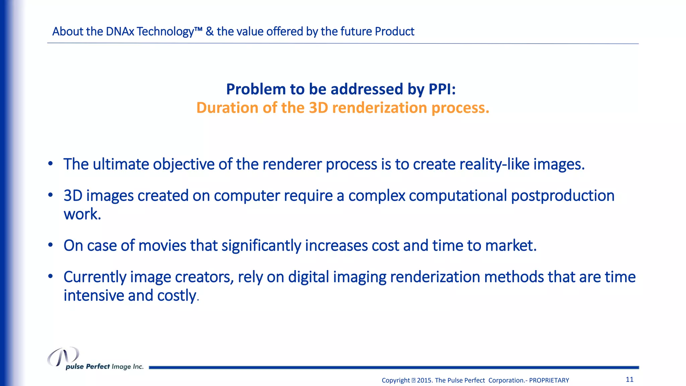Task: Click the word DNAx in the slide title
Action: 120,31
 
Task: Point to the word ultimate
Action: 121,164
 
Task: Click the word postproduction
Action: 562,196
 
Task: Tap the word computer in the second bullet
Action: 247,196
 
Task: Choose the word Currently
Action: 95,277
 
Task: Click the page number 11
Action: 629,379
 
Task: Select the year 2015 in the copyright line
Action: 424,380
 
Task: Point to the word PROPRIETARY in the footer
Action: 549,380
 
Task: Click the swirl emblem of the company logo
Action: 63,357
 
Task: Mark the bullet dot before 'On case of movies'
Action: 50,245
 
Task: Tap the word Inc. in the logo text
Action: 138,367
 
